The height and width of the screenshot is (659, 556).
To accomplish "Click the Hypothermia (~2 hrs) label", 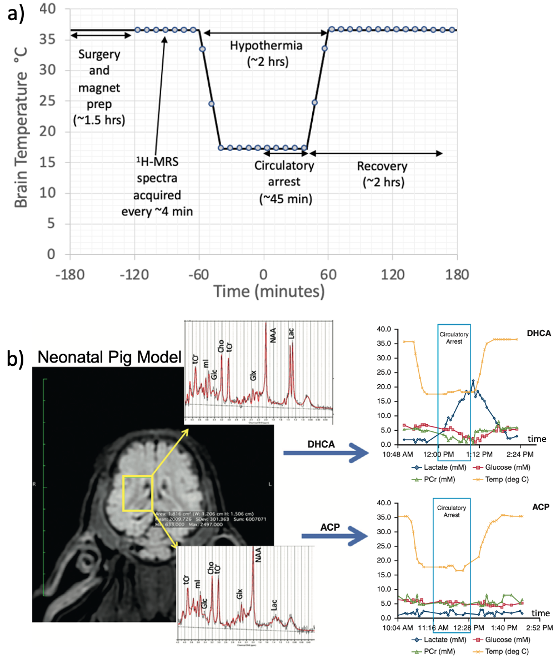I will (267, 53).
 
